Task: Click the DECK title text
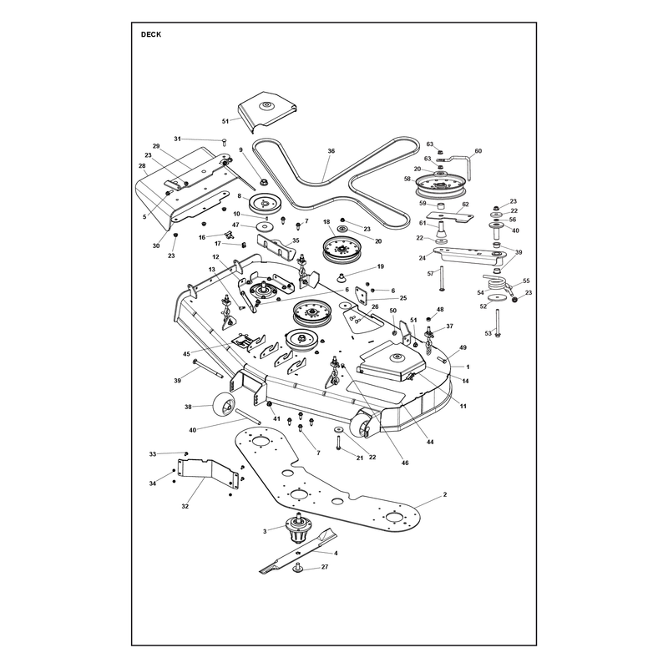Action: point(151,34)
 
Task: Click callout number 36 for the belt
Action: point(331,151)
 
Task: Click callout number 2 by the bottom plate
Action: point(445,494)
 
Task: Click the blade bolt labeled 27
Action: point(298,568)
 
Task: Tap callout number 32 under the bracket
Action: point(185,506)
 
